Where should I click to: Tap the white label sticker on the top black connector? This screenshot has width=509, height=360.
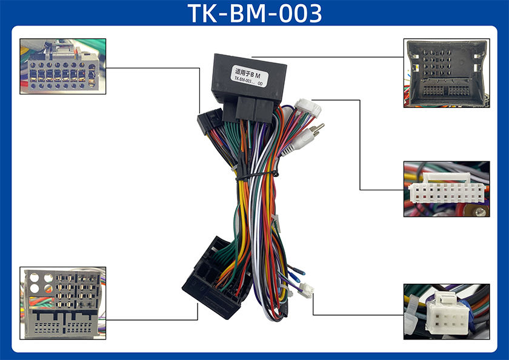coord(249,77)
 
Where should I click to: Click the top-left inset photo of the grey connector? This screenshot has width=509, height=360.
coord(63,66)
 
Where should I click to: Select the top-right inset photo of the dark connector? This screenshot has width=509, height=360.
coord(446,73)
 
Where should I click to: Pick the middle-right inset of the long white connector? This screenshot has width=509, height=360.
coord(446,188)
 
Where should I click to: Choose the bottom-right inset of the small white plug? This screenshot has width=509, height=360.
coord(446,311)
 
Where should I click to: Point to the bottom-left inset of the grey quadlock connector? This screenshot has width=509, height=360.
coord(63,302)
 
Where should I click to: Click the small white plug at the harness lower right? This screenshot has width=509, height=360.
coord(308,292)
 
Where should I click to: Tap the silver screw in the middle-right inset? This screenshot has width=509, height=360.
coord(480,212)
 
